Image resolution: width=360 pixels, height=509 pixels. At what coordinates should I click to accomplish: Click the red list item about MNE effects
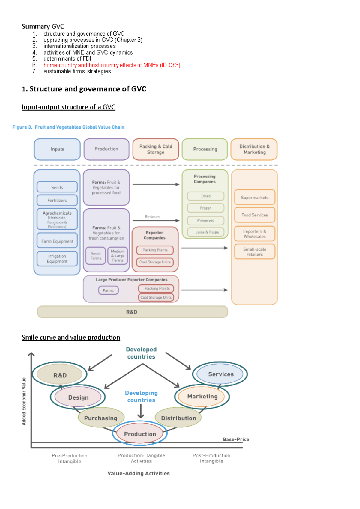pyautogui.click(x=112, y=65)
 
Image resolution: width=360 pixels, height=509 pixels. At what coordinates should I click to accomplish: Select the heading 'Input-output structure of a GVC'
pyautogui.click(x=68, y=107)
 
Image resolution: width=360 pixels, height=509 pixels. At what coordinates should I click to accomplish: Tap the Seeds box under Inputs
pyautogui.click(x=57, y=187)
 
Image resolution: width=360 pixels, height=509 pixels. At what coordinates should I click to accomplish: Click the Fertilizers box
pyautogui.click(x=57, y=200)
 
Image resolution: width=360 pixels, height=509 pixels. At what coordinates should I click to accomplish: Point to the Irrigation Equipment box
pyautogui.click(x=57, y=259)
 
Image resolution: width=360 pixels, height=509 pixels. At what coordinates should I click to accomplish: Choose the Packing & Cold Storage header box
pyautogui.click(x=156, y=149)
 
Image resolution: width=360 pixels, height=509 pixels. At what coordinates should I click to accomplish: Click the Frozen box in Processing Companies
pyautogui.click(x=206, y=208)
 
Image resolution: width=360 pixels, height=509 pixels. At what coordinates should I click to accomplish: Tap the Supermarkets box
pyautogui.click(x=255, y=198)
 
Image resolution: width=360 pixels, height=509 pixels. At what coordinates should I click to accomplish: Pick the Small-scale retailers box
pyautogui.click(x=255, y=252)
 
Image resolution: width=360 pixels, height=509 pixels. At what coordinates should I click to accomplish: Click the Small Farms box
pyautogui.click(x=96, y=256)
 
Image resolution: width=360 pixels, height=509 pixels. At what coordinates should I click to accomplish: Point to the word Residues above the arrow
pyautogui.click(x=153, y=217)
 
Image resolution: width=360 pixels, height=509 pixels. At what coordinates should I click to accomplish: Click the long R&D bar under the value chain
pyautogui.click(x=132, y=312)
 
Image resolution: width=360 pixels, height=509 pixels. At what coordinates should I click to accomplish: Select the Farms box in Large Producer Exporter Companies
pyautogui.click(x=108, y=290)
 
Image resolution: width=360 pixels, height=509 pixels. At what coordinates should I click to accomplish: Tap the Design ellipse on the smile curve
pyautogui.click(x=78, y=397)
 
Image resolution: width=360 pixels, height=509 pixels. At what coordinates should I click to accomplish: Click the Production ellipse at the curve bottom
pyautogui.click(x=140, y=434)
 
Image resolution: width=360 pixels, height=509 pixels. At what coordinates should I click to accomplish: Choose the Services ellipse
pyautogui.click(x=221, y=374)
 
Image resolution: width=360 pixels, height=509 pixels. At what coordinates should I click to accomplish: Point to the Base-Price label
pyautogui.click(x=236, y=439)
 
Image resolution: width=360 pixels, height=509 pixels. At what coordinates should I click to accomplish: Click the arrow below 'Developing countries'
pyautogui.click(x=141, y=411)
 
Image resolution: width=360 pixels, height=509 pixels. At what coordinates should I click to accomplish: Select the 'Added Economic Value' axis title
pyautogui.click(x=24, y=401)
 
